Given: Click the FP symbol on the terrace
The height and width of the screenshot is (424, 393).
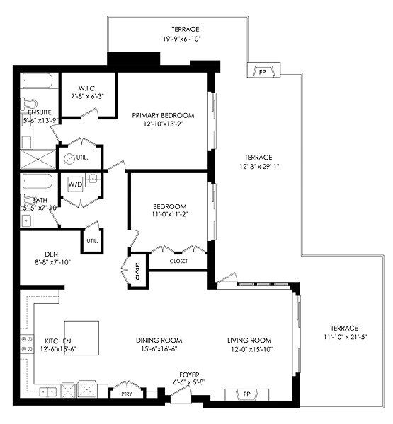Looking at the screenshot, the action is tap(263, 70).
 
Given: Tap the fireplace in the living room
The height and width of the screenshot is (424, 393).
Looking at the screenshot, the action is tap(247, 394).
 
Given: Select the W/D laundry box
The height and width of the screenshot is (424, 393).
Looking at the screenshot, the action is tap(75, 184).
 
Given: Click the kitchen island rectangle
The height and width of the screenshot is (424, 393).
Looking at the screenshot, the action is tap(81, 338).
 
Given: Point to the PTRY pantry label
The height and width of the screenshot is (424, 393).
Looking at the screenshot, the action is tap(127, 394).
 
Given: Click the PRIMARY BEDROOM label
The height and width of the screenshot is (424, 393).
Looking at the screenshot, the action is tap(163, 115).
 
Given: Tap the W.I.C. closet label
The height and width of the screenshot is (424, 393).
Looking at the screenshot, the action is tap(88, 88).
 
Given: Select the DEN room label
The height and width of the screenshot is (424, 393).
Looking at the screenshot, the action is tap(51, 254).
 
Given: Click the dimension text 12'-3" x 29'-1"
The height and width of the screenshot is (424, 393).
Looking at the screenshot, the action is tap(259, 166).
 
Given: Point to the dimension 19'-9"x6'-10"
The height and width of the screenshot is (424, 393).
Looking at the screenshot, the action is tap(181, 39).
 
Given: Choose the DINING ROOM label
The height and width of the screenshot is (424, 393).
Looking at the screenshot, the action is tap(159, 341).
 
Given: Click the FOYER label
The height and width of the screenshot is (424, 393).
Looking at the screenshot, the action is tap(189, 375).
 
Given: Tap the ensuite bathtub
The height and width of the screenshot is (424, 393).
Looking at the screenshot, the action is tap(38, 81).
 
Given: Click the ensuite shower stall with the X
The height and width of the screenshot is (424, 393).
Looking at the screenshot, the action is tap(38, 159).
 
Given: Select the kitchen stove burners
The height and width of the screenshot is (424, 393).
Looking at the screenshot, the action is tap(27, 344).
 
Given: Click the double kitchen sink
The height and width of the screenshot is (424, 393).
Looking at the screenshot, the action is tap(48, 391).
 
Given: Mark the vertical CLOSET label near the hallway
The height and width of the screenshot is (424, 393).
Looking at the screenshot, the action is tap(137, 271).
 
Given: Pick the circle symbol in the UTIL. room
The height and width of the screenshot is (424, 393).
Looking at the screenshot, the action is tap(69, 158).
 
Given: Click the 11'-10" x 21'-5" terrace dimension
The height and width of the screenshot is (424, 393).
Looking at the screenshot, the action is tap(346, 337).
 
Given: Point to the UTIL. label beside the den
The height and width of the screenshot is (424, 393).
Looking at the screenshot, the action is tap(93, 241).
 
